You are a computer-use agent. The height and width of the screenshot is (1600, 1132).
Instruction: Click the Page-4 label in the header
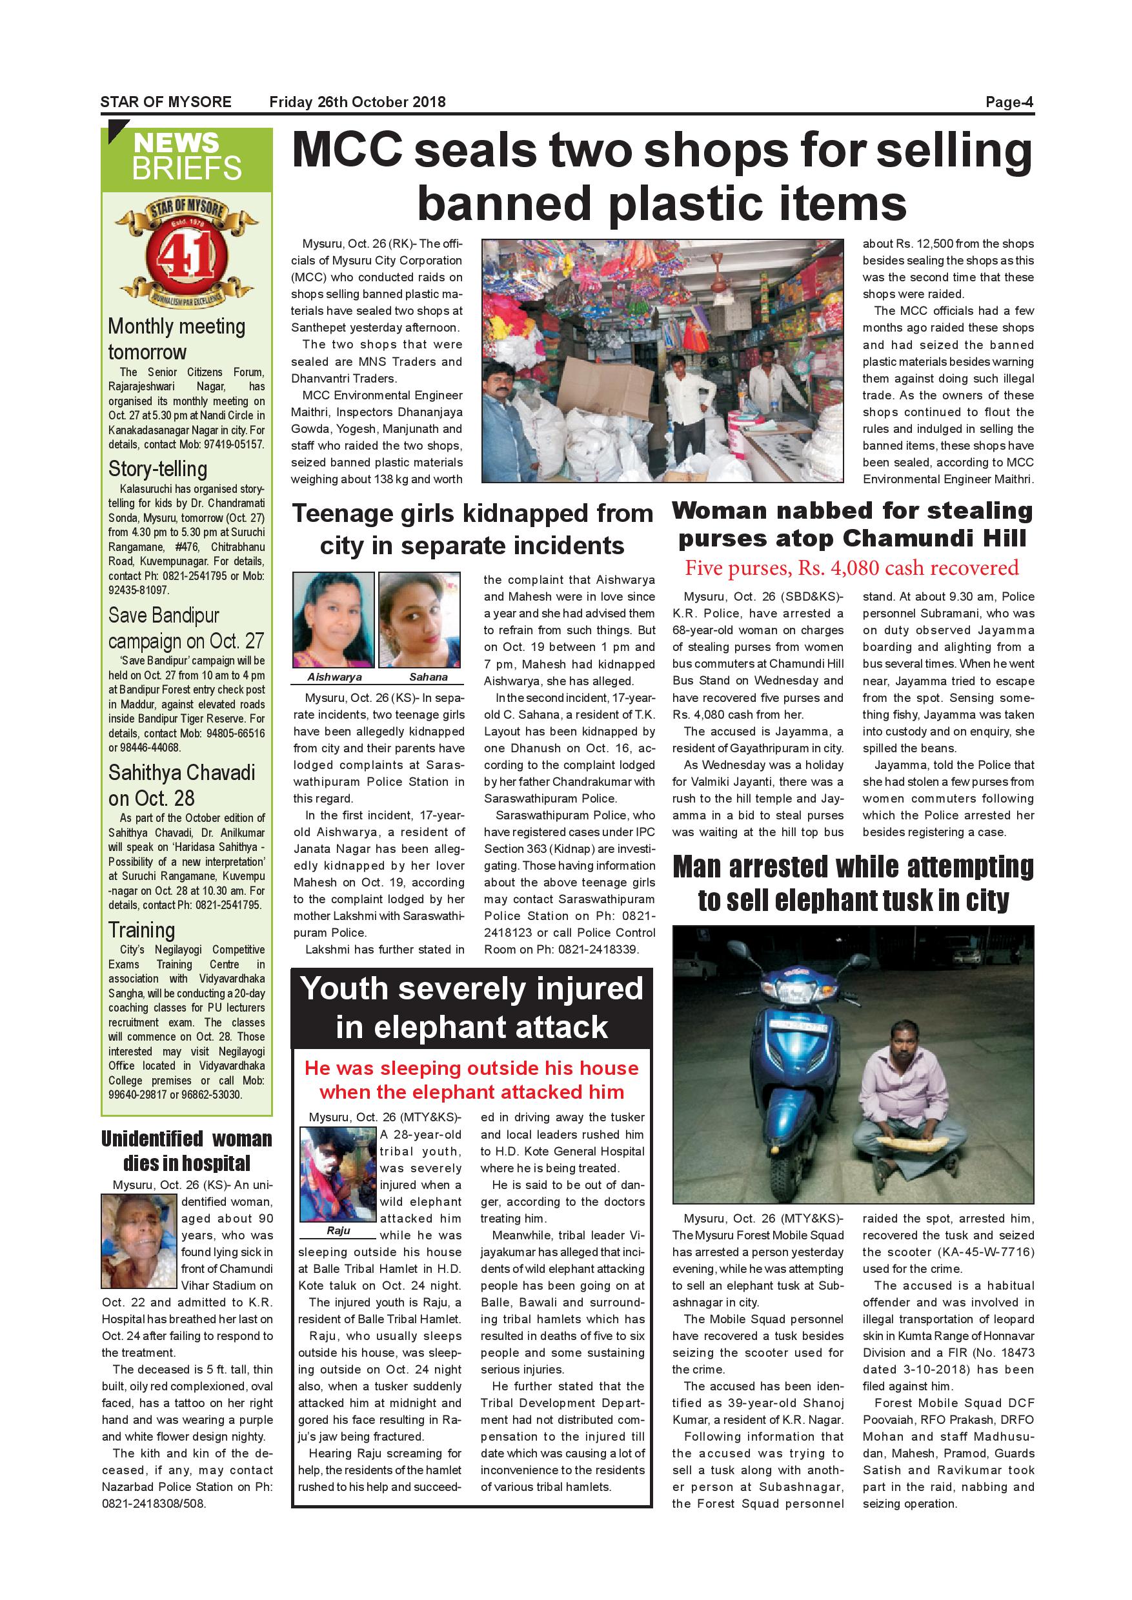tap(1009, 102)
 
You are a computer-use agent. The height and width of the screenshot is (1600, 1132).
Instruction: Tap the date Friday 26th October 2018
tap(357, 102)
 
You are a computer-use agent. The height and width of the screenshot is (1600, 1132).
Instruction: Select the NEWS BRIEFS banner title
tap(187, 156)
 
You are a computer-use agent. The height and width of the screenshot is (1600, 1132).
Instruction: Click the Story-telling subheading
tap(157, 468)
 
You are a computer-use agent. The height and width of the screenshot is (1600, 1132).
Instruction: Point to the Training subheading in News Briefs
tap(141, 930)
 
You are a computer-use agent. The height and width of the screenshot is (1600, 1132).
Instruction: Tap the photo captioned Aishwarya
tap(333, 619)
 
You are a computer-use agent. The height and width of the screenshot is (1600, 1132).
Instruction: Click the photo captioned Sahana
tap(419, 619)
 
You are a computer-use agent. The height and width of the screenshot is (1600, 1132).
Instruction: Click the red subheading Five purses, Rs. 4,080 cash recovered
tap(852, 568)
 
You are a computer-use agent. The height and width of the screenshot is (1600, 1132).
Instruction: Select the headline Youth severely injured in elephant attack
tap(472, 1008)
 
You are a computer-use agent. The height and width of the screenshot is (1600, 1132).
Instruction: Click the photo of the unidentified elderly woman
tap(138, 1241)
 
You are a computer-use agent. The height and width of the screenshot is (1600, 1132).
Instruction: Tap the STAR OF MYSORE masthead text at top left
tap(166, 102)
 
